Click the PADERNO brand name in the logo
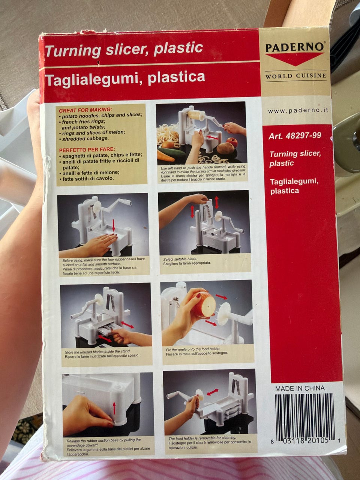click(x=294, y=47)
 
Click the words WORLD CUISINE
click(x=295, y=76)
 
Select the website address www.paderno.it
click(x=298, y=111)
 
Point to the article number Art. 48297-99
click(x=295, y=136)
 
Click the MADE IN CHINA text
click(x=300, y=388)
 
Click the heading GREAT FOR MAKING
click(x=85, y=110)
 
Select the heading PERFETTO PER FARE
click(x=87, y=150)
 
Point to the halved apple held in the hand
click(x=205, y=304)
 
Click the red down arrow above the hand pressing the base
click(x=113, y=225)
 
